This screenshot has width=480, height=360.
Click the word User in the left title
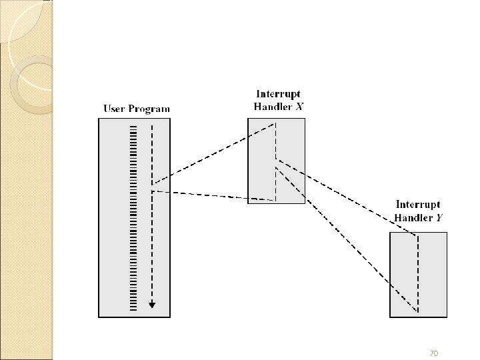click(114, 109)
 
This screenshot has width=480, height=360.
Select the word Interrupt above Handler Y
click(419, 206)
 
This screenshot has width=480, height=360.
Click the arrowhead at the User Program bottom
click(153, 305)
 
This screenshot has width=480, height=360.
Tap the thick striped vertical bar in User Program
click(133, 213)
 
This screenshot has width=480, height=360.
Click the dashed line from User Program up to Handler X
click(213, 154)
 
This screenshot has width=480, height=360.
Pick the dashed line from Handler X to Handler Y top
click(347, 197)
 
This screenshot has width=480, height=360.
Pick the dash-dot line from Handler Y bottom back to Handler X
click(347, 240)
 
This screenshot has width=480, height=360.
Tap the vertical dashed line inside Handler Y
click(418, 273)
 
